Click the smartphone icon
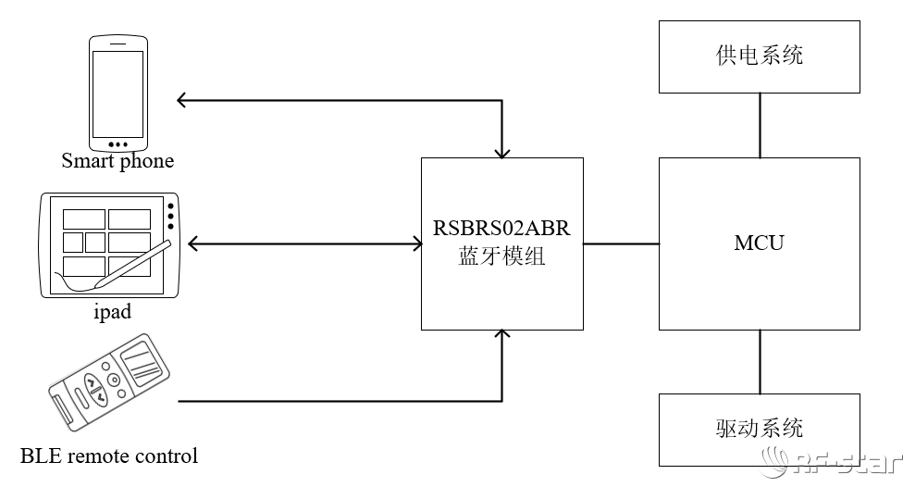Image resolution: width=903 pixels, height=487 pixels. [x=118, y=94]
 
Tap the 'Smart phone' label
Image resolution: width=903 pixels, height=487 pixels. [x=118, y=161]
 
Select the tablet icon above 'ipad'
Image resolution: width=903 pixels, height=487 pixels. [x=108, y=245]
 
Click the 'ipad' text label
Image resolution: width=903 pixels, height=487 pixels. [x=113, y=312]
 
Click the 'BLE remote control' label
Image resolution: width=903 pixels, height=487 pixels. [x=109, y=456]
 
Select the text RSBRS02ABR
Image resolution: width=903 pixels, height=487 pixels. [x=501, y=228]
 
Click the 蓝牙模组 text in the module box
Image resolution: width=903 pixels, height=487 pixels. [x=501, y=256]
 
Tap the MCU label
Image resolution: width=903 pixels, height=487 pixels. [x=759, y=243]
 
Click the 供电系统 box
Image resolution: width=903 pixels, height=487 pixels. [x=759, y=56]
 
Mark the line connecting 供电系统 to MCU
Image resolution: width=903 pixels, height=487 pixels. [x=760, y=125]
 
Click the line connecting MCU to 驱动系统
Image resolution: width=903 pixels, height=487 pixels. [x=760, y=361]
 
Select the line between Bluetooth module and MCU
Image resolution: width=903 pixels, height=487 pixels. [x=621, y=244]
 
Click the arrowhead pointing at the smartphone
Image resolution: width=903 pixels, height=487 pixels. [x=182, y=99]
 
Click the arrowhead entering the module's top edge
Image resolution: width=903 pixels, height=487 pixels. [x=501, y=151]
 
